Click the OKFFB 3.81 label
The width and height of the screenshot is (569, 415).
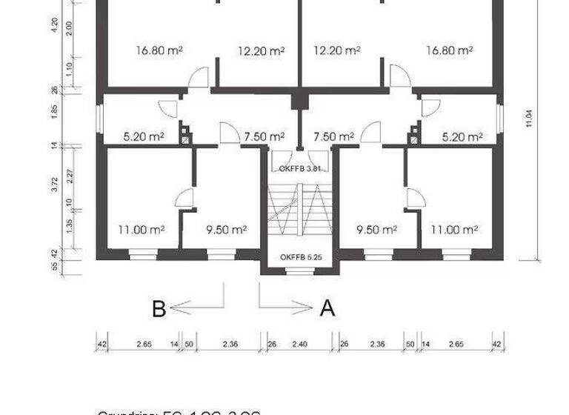(299, 169)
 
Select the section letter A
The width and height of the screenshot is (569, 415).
(327, 308)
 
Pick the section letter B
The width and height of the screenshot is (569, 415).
(159, 308)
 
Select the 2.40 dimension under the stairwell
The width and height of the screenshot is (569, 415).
(299, 344)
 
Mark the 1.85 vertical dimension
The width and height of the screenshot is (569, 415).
(54, 116)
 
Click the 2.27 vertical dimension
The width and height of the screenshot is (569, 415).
(69, 176)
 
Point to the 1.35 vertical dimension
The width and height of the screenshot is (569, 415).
(69, 227)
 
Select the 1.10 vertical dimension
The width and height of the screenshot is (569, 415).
(69, 68)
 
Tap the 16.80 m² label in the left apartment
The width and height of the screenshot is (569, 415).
(159, 51)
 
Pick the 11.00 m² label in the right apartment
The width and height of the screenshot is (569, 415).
(454, 230)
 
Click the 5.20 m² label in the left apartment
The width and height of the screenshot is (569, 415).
(143, 137)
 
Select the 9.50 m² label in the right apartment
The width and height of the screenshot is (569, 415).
(377, 230)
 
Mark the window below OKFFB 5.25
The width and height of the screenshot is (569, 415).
(299, 272)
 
